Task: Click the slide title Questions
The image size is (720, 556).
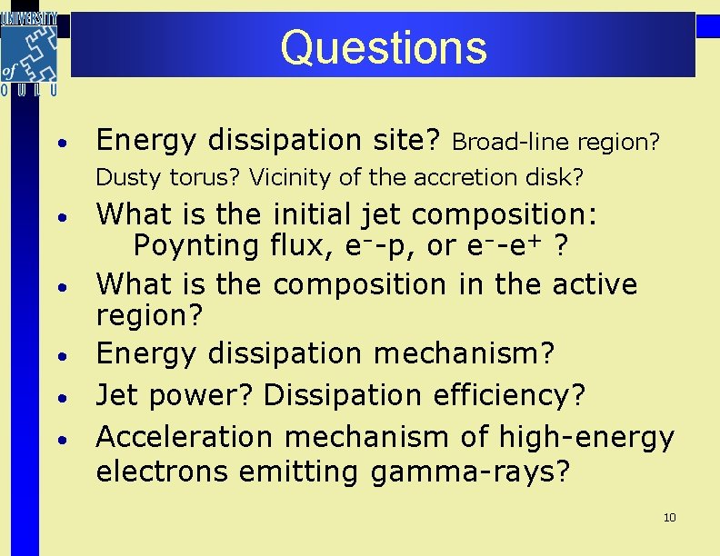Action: pyautogui.click(x=383, y=47)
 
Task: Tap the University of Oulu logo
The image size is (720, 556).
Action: pyautogui.click(x=30, y=53)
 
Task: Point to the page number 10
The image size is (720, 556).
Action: pyautogui.click(x=670, y=518)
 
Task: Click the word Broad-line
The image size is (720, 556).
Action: pyautogui.click(x=497, y=143)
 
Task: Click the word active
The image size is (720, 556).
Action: pyautogui.click(x=591, y=284)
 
